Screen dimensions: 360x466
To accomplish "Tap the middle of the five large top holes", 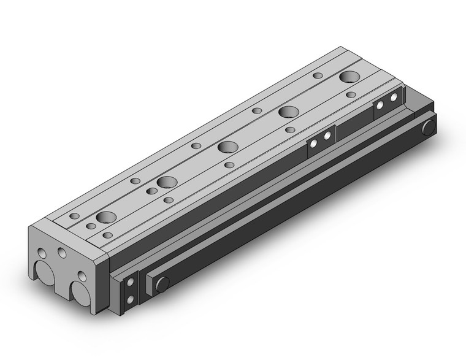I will click(227, 147).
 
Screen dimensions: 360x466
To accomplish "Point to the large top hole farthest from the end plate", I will click(349, 77).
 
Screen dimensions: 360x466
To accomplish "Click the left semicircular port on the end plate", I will click(45, 273).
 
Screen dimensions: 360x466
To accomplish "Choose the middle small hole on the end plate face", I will click(62, 252).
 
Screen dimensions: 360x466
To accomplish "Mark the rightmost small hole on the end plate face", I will click(80, 275).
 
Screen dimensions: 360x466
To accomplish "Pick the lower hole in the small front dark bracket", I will click(130, 299).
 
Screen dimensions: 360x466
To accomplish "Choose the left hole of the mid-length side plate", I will click(313, 144).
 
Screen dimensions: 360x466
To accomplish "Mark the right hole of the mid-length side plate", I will click(327, 136).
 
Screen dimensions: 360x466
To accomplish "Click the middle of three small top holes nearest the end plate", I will click(91, 226).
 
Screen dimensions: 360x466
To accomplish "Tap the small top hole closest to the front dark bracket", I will click(107, 235).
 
